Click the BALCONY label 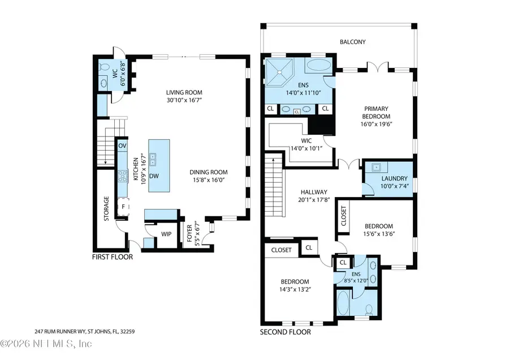pos(352,42)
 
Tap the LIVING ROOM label pos(184,93)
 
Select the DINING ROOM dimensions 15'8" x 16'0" pos(208,180)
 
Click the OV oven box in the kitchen pos(122,146)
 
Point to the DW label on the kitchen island pos(153,176)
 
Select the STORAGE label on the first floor pos(105,209)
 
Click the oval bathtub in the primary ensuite pos(320,66)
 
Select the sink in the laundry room pos(375,168)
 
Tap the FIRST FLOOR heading pos(112,257)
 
